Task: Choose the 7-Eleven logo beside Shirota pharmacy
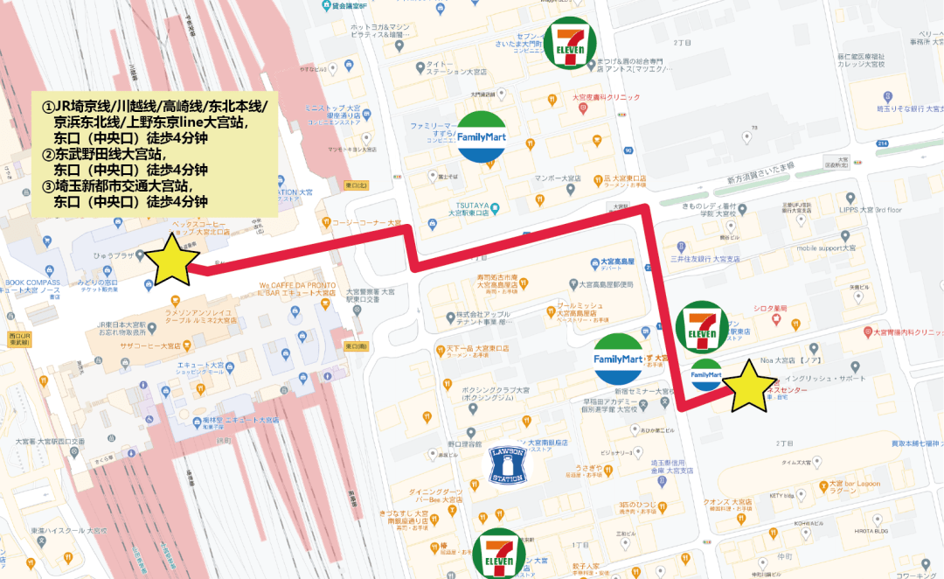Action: pos(702,328)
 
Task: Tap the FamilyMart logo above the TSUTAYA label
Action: pos(482,137)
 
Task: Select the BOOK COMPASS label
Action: pos(32,283)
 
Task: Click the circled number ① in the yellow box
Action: pos(48,106)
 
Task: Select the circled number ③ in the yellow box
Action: pos(48,185)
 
